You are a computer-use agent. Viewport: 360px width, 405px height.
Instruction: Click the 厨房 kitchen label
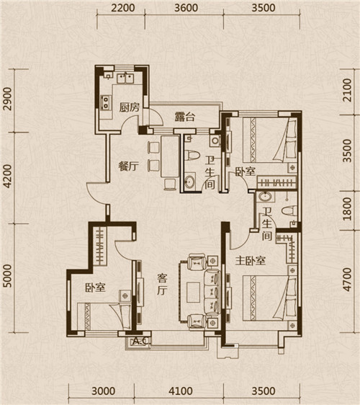tap(130, 107)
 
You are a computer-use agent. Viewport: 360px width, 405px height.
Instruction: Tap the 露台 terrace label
tap(184, 117)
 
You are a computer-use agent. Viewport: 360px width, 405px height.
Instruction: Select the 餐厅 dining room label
tap(128, 166)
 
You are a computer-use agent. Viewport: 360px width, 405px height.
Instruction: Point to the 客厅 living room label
tap(162, 285)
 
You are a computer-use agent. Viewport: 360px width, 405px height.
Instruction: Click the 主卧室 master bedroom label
tap(251, 261)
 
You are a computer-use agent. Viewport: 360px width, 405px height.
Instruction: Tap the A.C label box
tap(140, 342)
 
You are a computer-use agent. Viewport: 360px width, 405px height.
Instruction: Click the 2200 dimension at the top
tap(123, 8)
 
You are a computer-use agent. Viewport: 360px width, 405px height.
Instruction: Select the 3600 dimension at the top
tap(186, 8)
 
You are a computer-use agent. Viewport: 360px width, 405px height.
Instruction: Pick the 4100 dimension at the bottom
tap(181, 391)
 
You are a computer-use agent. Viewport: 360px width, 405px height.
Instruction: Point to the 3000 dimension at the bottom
tap(104, 391)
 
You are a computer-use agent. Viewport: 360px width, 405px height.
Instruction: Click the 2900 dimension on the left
tap(8, 99)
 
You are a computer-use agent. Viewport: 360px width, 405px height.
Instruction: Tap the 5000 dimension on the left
tap(8, 276)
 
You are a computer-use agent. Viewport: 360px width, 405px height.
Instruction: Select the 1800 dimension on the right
tap(348, 209)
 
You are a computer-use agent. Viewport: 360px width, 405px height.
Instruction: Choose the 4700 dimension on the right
tap(348, 280)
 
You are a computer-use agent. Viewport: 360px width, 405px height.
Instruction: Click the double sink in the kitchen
tap(125, 79)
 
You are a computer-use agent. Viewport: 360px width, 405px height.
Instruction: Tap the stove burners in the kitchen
tap(106, 102)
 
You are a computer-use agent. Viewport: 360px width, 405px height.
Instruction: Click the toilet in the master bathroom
tap(289, 210)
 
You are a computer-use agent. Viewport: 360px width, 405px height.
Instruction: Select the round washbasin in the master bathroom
tap(265, 197)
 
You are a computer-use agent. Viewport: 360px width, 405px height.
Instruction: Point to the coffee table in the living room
tap(194, 292)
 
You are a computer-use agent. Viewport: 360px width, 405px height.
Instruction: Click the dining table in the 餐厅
tap(170, 156)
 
